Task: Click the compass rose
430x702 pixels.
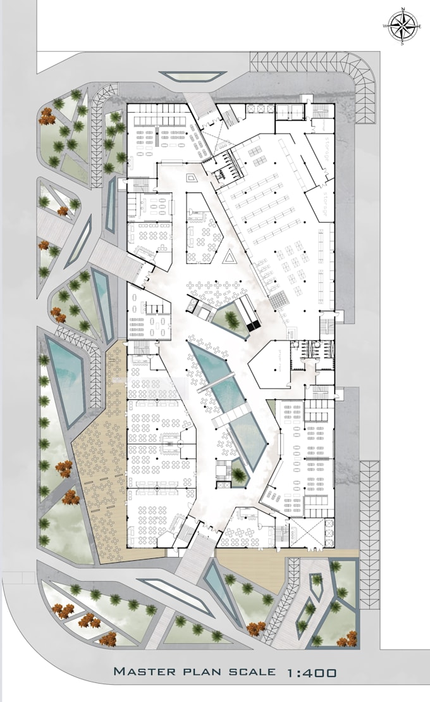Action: click(402, 26)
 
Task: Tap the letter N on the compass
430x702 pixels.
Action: click(402, 10)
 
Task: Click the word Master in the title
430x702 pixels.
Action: click(144, 672)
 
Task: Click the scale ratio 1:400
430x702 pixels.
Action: click(309, 672)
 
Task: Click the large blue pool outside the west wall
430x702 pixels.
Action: click(66, 380)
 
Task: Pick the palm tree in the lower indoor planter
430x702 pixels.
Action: click(237, 472)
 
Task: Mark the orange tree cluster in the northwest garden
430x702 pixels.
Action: click(46, 115)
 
